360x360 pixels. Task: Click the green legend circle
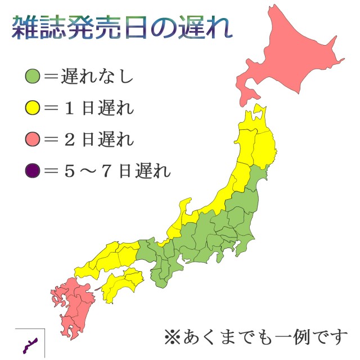tap(33, 76)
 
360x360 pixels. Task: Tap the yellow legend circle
tap(33, 107)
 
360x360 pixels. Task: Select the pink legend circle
tap(33, 138)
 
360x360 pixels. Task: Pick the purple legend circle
tap(33, 169)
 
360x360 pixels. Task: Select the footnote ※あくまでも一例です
tap(256, 337)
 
